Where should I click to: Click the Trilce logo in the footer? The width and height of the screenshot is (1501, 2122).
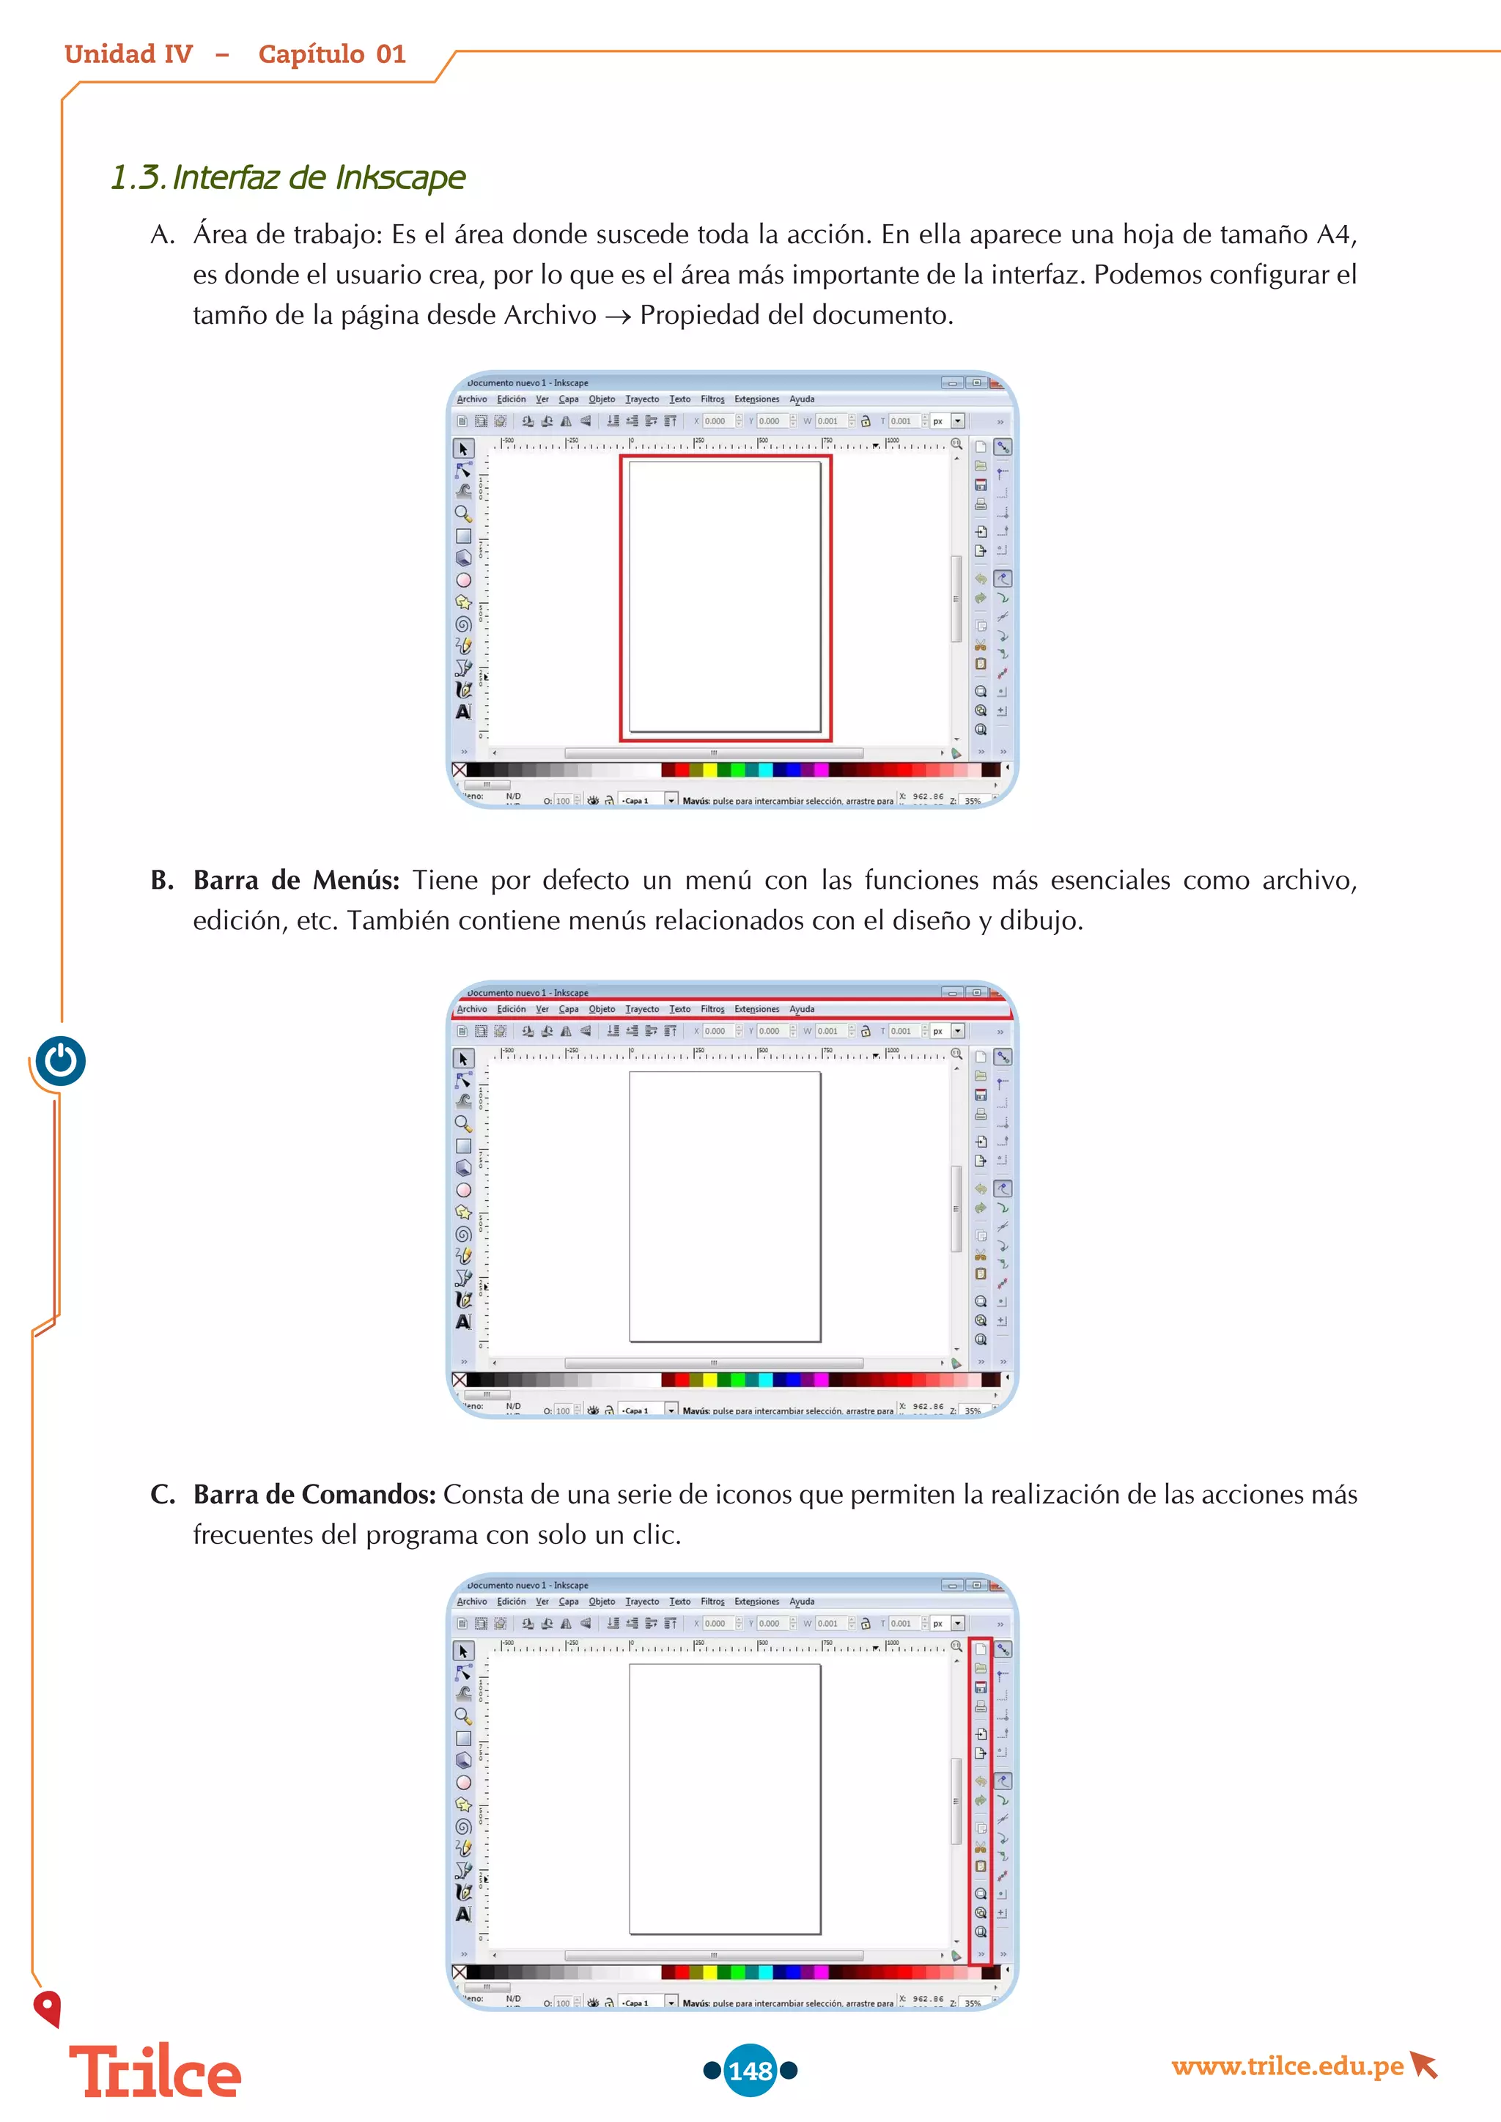[155, 2073]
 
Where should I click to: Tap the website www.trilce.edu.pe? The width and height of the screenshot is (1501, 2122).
[1286, 2066]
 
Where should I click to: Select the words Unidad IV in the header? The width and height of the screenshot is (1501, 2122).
[128, 54]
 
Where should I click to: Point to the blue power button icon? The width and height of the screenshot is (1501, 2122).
[61, 1060]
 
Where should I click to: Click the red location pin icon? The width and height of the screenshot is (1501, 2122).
[47, 2008]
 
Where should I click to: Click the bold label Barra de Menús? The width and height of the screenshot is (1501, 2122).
[296, 880]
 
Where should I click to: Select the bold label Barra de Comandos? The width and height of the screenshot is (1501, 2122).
[314, 1495]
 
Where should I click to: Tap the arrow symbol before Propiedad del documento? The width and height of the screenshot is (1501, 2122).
[619, 317]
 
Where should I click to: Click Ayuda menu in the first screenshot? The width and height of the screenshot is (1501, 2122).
[801, 399]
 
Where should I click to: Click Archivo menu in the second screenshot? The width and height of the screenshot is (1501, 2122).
[471, 1009]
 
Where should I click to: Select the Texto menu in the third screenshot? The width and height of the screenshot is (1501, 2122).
[679, 1602]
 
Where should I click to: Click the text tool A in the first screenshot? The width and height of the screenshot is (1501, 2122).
[463, 711]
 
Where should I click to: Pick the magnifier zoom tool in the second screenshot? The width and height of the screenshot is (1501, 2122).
[463, 1124]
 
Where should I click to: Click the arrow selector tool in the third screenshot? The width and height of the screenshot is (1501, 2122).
[463, 1651]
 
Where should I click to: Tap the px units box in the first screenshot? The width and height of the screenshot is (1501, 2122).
[938, 421]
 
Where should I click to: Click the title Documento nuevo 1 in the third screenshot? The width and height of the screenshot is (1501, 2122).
[528, 1585]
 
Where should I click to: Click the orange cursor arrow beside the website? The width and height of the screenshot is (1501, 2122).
[1424, 2065]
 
